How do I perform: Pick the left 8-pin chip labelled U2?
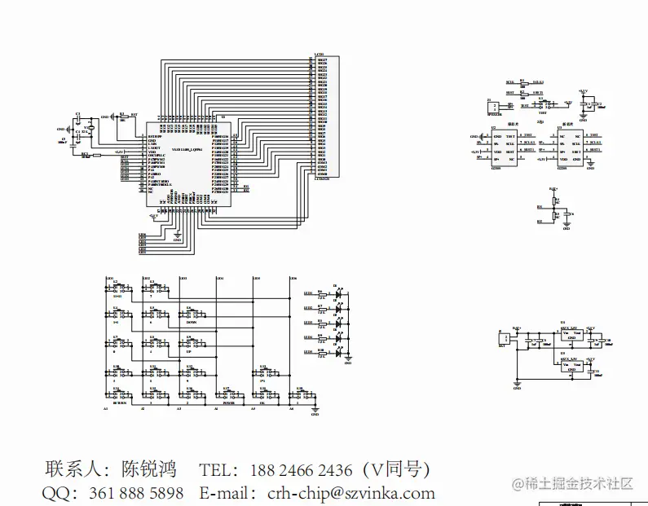[x=504, y=147]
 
